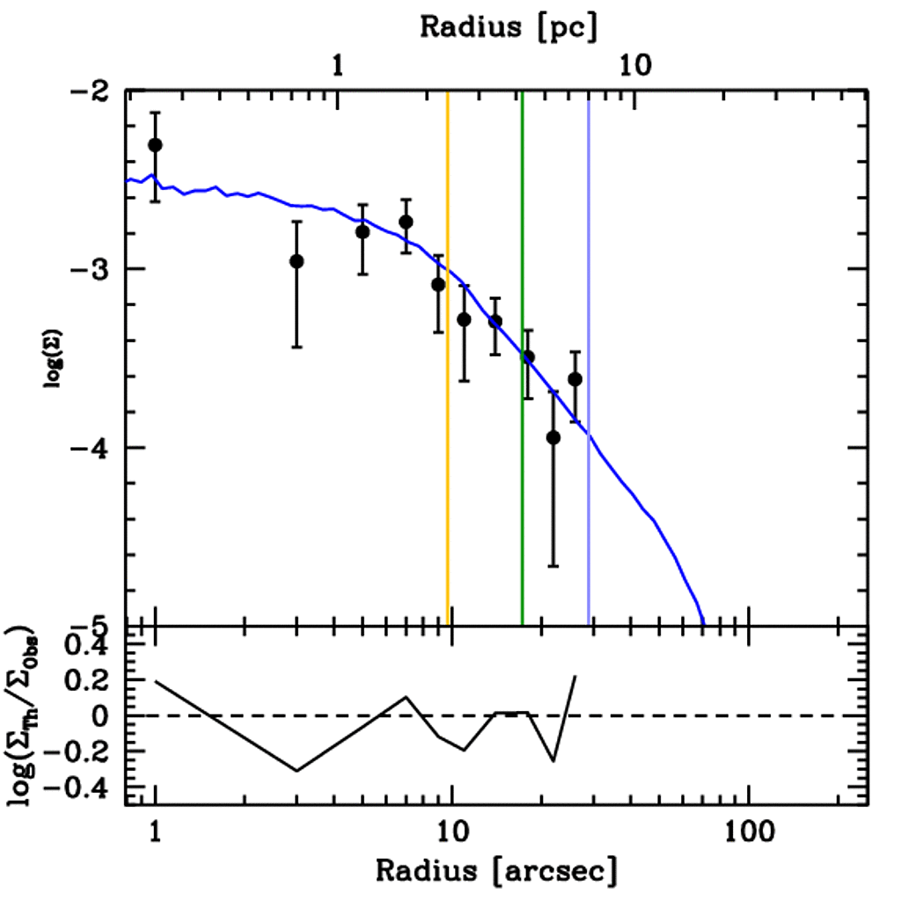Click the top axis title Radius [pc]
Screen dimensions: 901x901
pyautogui.click(x=509, y=26)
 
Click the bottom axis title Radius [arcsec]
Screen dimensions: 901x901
pyautogui.click(x=496, y=871)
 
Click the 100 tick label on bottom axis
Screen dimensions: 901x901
pyautogui.click(x=748, y=831)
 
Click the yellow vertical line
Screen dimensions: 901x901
pyautogui.click(x=448, y=352)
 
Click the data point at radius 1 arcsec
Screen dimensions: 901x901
pyautogui.click(x=156, y=144)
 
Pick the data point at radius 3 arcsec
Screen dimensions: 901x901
pyautogui.click(x=297, y=261)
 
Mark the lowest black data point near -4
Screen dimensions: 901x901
pyautogui.click(x=553, y=437)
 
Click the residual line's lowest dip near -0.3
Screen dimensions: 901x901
pyautogui.click(x=297, y=771)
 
